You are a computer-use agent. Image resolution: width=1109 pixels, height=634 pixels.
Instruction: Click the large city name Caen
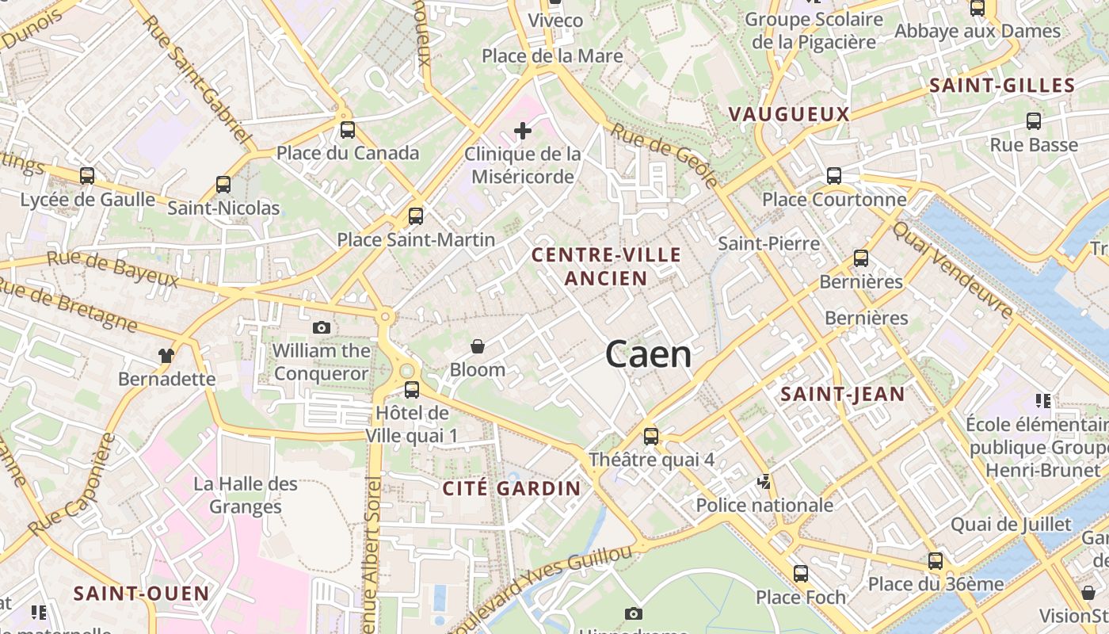tap(648, 354)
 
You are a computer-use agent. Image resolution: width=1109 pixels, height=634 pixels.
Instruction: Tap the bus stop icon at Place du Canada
tap(347, 130)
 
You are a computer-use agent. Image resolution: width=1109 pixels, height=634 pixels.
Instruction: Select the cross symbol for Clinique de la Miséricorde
tap(522, 131)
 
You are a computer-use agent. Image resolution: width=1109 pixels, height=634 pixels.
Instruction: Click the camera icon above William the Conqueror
tap(321, 327)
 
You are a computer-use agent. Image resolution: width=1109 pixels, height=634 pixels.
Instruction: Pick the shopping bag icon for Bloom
tap(478, 346)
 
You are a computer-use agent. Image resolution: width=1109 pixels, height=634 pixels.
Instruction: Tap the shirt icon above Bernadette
tap(166, 356)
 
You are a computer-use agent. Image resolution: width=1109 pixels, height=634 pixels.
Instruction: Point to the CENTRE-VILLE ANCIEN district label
tap(606, 266)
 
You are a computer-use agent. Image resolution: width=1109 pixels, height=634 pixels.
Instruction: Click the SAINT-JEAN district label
tap(842, 394)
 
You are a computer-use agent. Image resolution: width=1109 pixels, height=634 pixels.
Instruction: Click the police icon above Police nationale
tap(764, 481)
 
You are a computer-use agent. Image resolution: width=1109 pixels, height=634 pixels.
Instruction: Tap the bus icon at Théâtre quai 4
tap(651, 436)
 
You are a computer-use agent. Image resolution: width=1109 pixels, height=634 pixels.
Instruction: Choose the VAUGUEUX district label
tap(788, 114)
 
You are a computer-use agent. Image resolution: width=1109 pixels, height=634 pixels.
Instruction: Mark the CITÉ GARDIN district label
tap(512, 488)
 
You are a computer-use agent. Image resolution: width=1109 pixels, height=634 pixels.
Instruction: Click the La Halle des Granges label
tap(246, 495)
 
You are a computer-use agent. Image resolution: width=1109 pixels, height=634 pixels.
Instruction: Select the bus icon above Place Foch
tap(801, 574)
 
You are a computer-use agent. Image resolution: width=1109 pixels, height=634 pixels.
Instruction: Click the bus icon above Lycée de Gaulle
tap(87, 176)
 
